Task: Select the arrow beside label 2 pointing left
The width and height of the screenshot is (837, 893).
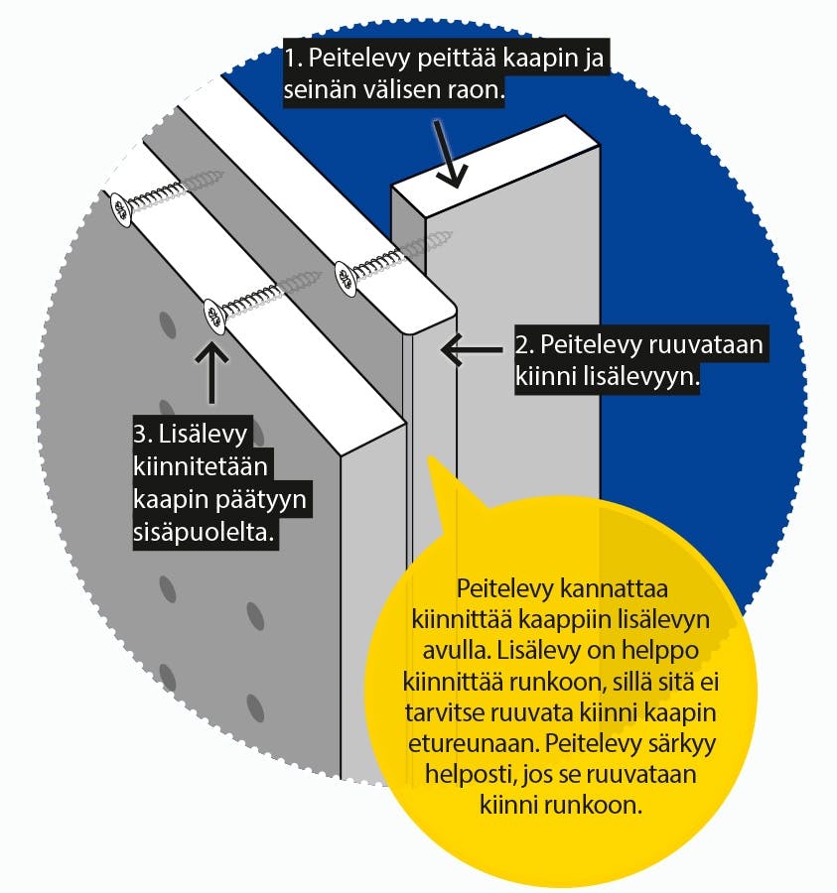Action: point(472,349)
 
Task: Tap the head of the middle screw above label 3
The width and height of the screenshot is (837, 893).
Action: point(216,315)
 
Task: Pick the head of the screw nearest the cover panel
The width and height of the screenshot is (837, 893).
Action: point(346,278)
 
